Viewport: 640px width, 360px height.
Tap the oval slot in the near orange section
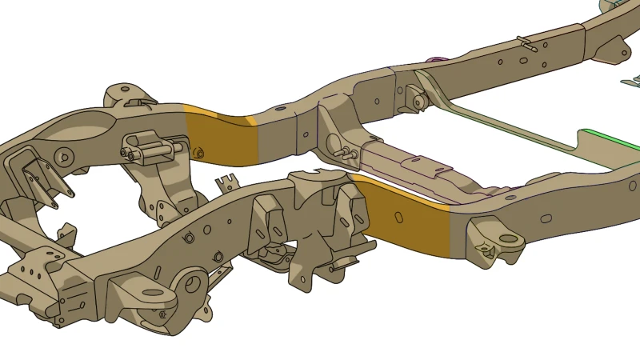(x=398, y=216)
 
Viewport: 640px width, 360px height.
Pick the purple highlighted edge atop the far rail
(x=436, y=59)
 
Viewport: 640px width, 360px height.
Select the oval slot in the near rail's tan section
(x=546, y=218)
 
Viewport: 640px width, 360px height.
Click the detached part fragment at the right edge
(x=631, y=80)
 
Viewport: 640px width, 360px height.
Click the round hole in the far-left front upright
(x=64, y=154)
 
